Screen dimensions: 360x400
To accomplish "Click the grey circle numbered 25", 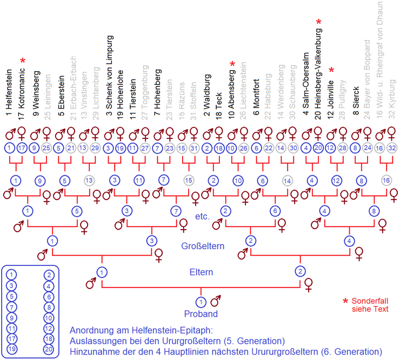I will pos(46,148).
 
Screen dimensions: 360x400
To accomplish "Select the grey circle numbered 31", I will pos(194,148).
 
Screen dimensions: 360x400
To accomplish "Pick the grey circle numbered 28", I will pos(342,148).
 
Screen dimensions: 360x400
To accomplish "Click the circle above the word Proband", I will pos(201,302).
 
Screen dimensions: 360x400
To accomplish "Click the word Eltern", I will pos(201,272).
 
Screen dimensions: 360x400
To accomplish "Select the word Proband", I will pos(201,314).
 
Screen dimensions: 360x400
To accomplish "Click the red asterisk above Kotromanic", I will pos(23,61).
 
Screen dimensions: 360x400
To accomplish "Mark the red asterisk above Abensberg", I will pos(232,64).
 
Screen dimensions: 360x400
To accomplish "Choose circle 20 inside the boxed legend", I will pos(49,349).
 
